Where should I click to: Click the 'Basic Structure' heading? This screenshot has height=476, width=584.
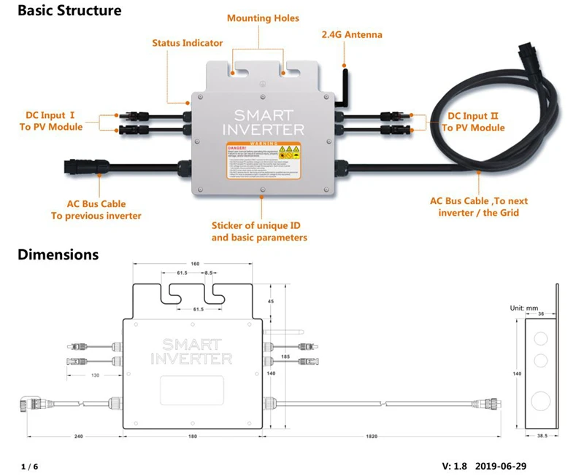tap(69, 11)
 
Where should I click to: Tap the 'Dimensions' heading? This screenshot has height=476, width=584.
tap(58, 254)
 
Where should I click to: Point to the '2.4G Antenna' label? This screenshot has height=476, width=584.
tap(352, 34)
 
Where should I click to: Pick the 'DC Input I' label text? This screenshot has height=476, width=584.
tap(51, 115)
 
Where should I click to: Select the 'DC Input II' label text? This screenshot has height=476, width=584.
tap(476, 116)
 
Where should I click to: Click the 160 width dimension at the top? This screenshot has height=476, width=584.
tap(194, 263)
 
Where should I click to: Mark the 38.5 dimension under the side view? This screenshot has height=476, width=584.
tap(541, 435)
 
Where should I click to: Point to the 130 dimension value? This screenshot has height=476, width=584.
tap(96, 375)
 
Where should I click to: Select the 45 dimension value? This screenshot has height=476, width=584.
tap(270, 300)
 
